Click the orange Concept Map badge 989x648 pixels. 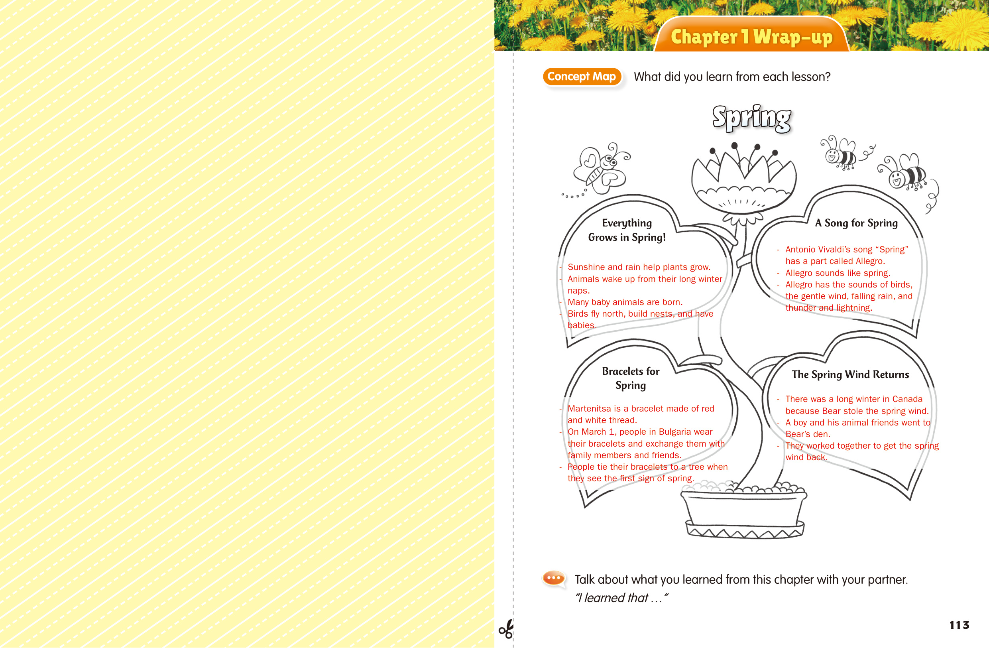coord(582,77)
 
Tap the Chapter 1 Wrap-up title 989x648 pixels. coord(751,37)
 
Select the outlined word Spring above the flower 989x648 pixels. coord(752,118)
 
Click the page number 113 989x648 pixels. coord(959,625)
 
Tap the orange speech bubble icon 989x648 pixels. coord(554,578)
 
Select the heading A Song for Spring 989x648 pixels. coord(856,223)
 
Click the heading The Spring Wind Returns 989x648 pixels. coord(850,374)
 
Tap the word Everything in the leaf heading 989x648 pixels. coord(627,223)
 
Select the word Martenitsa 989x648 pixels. coord(588,409)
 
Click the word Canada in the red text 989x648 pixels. coord(907,399)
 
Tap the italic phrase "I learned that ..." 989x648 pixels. coord(621,598)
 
